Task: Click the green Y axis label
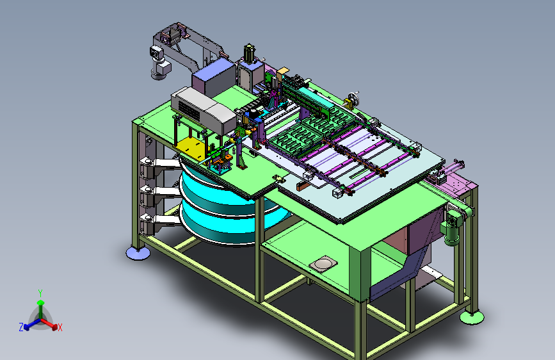(40, 293)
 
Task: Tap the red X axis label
(60, 327)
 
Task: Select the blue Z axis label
(21, 327)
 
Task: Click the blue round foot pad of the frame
(138, 253)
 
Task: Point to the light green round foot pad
(472, 317)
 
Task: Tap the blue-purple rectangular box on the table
(213, 77)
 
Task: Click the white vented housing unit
(204, 109)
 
